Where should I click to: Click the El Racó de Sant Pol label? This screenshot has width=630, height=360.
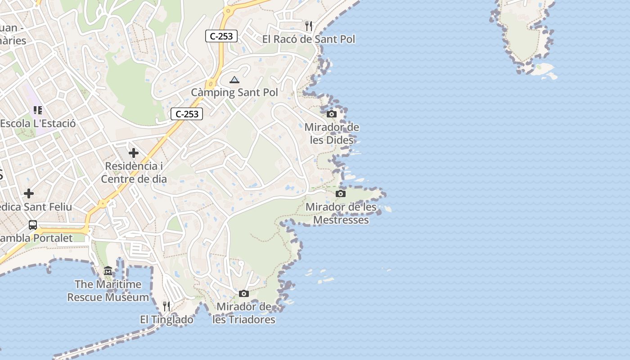pyautogui.click(x=309, y=39)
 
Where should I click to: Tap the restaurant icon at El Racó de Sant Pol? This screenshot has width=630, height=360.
pyautogui.click(x=309, y=26)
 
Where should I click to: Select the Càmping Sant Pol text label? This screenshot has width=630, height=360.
pyautogui.click(x=234, y=92)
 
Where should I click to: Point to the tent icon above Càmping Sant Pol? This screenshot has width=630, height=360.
pyautogui.click(x=234, y=80)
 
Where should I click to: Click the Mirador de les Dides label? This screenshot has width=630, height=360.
pyautogui.click(x=332, y=134)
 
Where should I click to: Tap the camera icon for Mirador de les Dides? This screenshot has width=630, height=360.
pyautogui.click(x=332, y=114)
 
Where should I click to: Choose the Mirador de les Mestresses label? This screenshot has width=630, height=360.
pyautogui.click(x=341, y=213)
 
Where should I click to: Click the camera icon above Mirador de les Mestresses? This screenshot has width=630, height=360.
pyautogui.click(x=341, y=194)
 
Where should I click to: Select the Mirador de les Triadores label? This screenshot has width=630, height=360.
pyautogui.click(x=244, y=313)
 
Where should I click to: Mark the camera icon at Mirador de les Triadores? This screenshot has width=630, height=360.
pyautogui.click(x=244, y=294)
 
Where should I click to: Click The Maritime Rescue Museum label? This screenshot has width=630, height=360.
pyautogui.click(x=108, y=291)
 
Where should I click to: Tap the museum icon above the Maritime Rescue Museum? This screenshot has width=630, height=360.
pyautogui.click(x=108, y=271)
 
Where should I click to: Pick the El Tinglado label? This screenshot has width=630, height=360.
pyautogui.click(x=166, y=319)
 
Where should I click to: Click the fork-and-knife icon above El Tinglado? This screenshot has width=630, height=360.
pyautogui.click(x=166, y=306)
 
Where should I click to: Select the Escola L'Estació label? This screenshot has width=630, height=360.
pyautogui.click(x=38, y=123)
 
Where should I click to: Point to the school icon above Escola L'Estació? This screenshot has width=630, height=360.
pyautogui.click(x=38, y=110)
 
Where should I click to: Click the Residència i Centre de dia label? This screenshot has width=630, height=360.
pyautogui.click(x=134, y=172)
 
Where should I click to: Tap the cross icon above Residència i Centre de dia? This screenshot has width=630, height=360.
pyautogui.click(x=134, y=153)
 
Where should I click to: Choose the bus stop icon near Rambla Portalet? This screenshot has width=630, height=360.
pyautogui.click(x=33, y=225)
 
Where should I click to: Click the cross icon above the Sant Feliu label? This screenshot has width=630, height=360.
pyautogui.click(x=29, y=193)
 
